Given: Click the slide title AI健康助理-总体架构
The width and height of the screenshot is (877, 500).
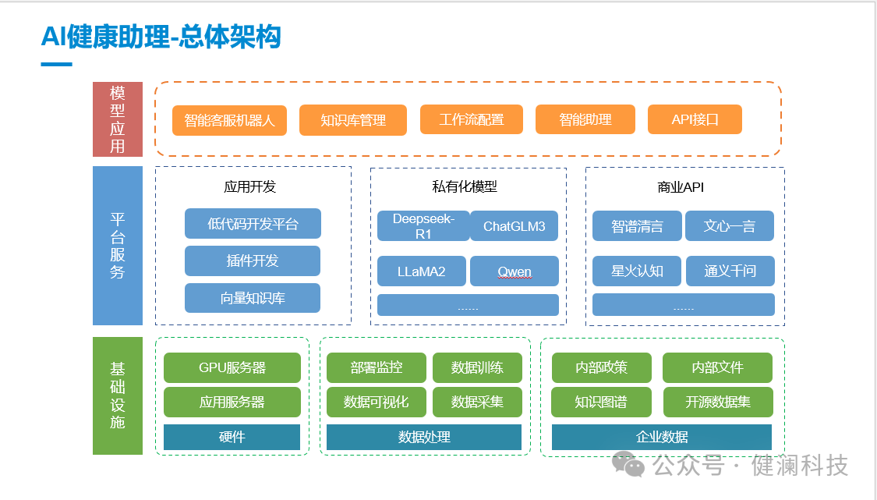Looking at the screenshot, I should pos(161,37).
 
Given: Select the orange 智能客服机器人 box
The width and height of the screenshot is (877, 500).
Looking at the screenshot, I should pos(229,120).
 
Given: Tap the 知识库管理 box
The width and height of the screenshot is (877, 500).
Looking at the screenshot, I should pos(353,120).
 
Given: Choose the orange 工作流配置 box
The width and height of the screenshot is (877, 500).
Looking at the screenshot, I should pos(471,119).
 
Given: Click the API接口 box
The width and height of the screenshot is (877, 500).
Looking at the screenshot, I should pos(695,119).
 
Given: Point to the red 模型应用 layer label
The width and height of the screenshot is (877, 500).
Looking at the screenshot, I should pos(118,119).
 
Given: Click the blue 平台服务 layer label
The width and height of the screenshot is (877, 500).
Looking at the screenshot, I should pos(118,245).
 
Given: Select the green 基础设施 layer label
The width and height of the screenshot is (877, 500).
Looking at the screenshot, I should pos(118,395).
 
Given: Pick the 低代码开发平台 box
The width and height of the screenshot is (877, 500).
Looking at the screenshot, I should pos(253,224).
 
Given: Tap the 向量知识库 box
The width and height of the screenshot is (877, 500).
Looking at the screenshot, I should pos(253,298).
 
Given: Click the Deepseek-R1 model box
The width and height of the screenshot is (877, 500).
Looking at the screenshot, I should pos(423,225).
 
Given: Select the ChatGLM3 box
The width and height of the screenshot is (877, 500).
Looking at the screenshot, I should pos(514,226).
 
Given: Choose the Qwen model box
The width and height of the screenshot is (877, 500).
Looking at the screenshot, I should pos(514,271).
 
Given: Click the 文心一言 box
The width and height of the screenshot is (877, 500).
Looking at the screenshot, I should pos(729,226).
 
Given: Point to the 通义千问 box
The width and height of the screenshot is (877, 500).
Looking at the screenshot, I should pos(730,271).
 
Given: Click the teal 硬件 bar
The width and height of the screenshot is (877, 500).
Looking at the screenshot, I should pos(232,437).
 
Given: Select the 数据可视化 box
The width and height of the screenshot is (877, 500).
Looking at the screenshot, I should pos(376,402).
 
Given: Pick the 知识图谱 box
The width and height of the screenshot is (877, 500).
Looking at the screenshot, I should pos(601,402).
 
